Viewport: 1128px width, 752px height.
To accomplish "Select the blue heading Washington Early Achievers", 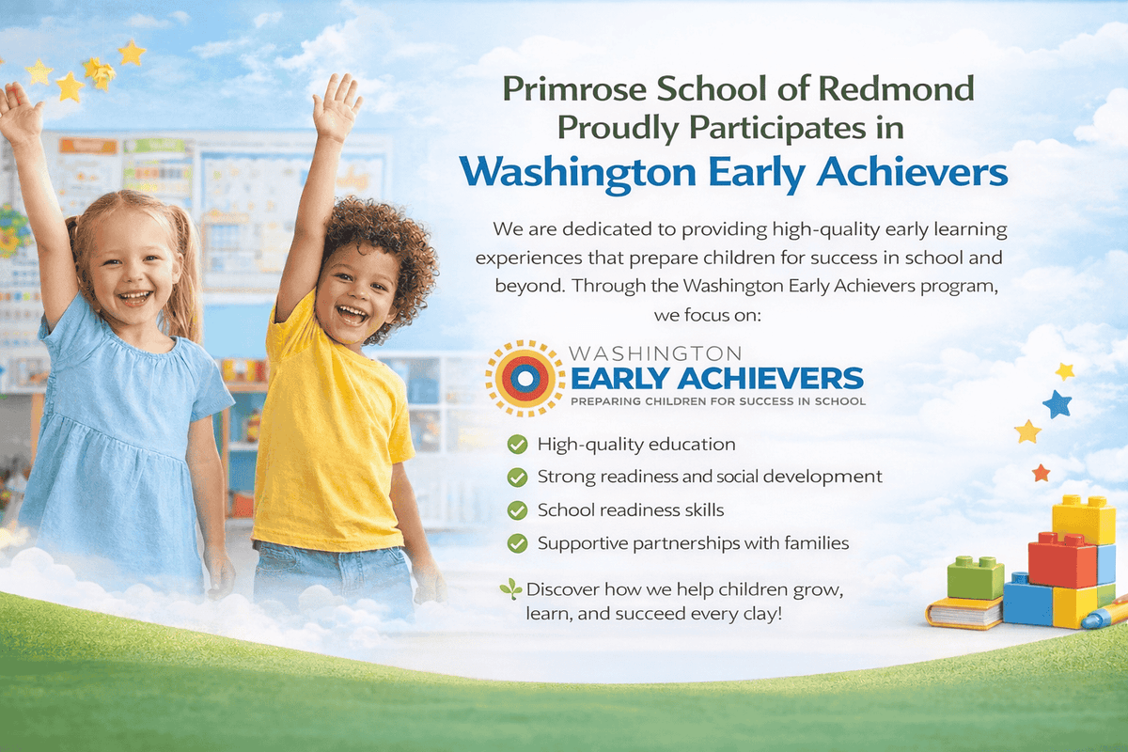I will (x=733, y=173).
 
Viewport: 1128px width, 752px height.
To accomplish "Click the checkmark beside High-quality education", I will (x=517, y=444).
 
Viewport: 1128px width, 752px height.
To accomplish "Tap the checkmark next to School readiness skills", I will (x=517, y=510).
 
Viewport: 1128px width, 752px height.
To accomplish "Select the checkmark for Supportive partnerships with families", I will (x=517, y=543).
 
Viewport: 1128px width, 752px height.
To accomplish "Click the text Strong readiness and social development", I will (x=710, y=477).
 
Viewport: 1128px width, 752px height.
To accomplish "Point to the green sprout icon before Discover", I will (x=510, y=589).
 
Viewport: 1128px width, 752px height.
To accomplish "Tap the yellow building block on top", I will (x=1083, y=518).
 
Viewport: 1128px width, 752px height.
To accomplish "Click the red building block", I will (x=1062, y=559).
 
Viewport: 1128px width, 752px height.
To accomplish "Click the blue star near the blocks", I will (x=1057, y=404).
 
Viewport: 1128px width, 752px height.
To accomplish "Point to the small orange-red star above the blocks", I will (x=1041, y=472).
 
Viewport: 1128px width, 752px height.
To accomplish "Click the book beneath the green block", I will (x=963, y=613).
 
